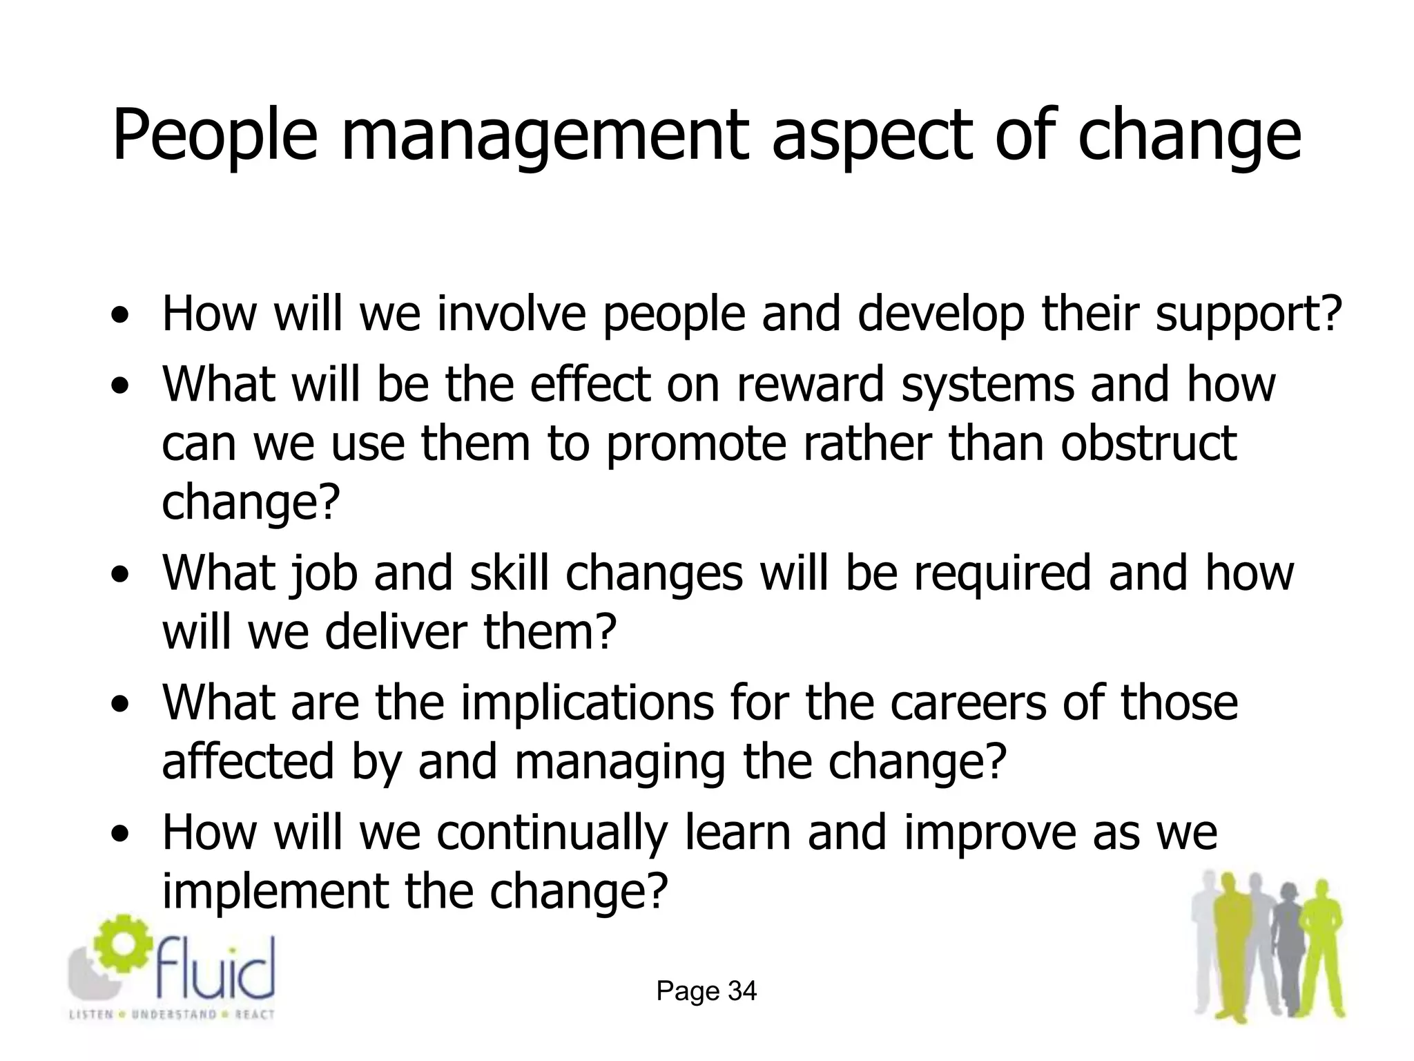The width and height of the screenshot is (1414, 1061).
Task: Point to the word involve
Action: pos(512,313)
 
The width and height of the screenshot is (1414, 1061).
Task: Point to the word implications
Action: pos(587,703)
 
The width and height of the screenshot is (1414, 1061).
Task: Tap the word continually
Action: pos(552,833)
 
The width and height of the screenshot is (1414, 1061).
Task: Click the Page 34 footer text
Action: pos(706,991)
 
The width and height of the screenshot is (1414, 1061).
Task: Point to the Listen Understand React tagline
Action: pos(172,1015)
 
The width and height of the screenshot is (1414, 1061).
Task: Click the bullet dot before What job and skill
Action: pos(122,575)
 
